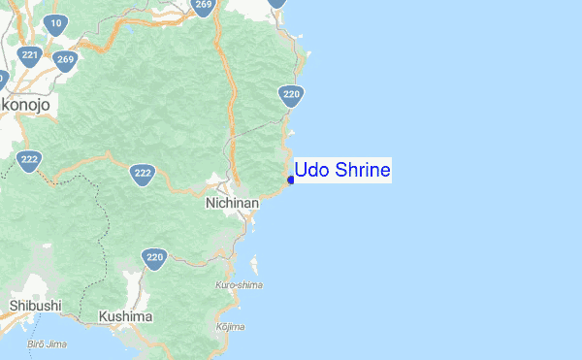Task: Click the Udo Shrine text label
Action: (341, 172)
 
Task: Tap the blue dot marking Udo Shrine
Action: (291, 179)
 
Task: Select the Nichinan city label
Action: (232, 204)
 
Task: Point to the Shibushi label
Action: (35, 306)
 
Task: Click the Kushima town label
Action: (125, 317)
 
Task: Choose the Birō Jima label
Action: (46, 344)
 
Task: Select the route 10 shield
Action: (55, 24)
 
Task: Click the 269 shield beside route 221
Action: (65, 60)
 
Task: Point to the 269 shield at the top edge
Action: (203, 6)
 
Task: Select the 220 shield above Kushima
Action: (153, 258)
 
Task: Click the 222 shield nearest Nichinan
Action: (143, 174)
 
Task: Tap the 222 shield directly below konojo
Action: (29, 160)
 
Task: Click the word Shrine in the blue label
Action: (362, 172)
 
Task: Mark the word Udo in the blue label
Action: (311, 172)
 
